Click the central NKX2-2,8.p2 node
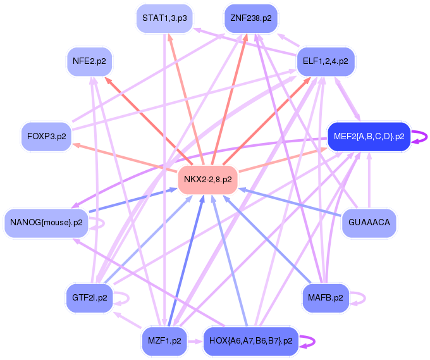point(207,180)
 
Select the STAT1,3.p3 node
point(164,18)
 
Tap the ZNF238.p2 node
point(251,18)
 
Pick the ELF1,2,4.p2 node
point(325,61)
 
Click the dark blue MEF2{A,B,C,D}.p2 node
point(369,136)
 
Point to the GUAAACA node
point(369,223)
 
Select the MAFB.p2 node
point(325,297)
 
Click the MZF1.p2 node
point(164,341)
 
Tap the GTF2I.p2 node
point(89,297)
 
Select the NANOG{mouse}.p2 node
point(46,223)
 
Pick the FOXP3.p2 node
point(46,136)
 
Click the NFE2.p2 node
point(89,61)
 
